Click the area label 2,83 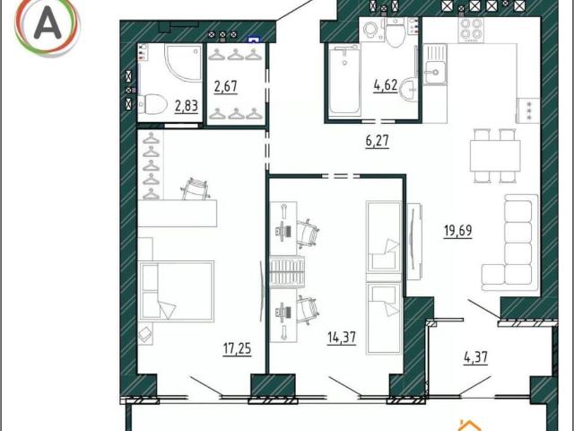coord(187,106)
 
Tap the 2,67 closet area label coord(226,87)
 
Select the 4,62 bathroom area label coord(386,86)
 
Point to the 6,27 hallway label coord(377,141)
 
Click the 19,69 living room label coord(458,231)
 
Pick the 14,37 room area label coord(342,338)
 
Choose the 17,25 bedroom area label coord(237,348)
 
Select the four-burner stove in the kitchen coord(470,30)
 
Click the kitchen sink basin coord(435,71)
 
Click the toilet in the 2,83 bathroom coord(152,104)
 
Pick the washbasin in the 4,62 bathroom coord(409,89)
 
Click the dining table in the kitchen coord(495,155)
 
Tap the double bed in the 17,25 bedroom coord(176,291)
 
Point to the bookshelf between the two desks coord(287,271)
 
